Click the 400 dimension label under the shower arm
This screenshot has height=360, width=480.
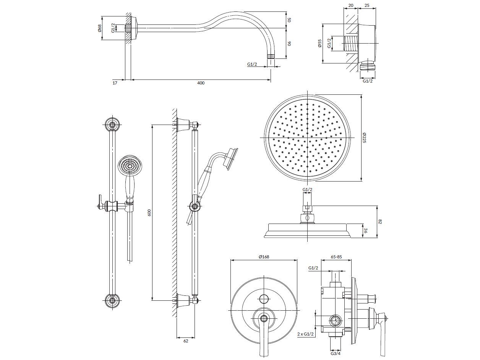point(201,83)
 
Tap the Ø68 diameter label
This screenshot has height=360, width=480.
point(100,28)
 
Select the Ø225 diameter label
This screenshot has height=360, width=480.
point(364,138)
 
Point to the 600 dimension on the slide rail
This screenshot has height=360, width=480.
point(149,212)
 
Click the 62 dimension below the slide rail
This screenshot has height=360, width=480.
point(186,341)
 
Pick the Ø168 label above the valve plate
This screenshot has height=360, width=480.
point(264,257)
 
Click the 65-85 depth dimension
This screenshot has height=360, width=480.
point(336,257)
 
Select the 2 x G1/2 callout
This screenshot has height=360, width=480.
point(305,334)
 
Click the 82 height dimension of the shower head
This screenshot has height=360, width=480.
point(380,222)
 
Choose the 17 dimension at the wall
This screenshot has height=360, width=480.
point(115,83)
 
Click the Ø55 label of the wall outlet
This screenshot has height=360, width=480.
point(320,43)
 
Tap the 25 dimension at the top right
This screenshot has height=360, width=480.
point(367,5)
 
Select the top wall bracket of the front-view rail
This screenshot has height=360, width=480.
point(113,125)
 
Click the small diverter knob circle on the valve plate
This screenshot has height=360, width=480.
point(264,299)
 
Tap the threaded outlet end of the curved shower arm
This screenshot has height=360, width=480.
point(271,56)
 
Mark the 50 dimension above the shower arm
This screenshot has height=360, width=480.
point(289,19)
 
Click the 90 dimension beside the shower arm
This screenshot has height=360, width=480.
point(289,43)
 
